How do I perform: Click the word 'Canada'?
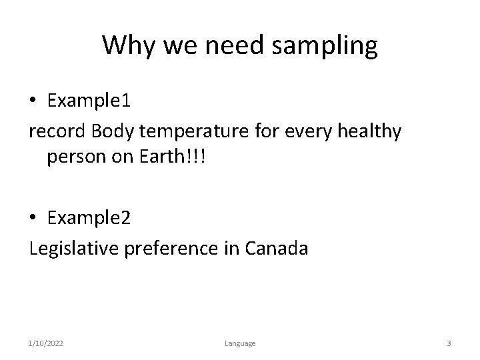pyautogui.click(x=277, y=249)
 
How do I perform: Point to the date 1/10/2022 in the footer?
pyautogui.click(x=46, y=343)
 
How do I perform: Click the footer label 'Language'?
pyautogui.click(x=239, y=343)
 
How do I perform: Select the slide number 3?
pyautogui.click(x=449, y=343)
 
